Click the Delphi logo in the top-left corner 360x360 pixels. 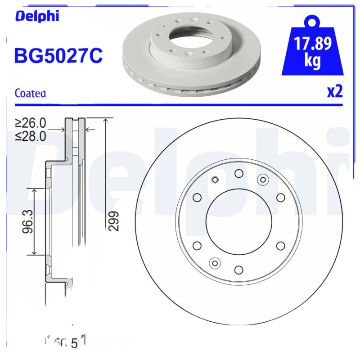(37, 17)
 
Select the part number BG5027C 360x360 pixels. (58, 56)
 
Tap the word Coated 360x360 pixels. (30, 94)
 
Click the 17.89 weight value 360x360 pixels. (313, 44)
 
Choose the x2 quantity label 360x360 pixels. (334, 91)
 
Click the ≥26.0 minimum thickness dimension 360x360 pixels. (31, 123)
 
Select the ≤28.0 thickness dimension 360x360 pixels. (31, 136)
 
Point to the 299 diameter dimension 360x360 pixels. (114, 220)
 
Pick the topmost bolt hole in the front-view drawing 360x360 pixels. (238, 173)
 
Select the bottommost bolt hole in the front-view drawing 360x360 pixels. (238, 270)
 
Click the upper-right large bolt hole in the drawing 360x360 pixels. (280, 198)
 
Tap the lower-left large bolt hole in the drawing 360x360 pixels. (197, 245)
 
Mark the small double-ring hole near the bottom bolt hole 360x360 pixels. (215, 263)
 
